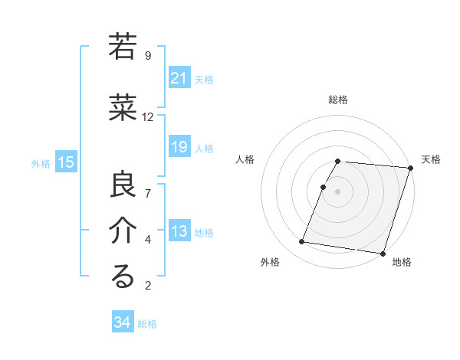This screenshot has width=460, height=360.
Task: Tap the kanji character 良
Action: pyautogui.click(x=123, y=185)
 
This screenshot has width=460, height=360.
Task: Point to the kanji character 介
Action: pyautogui.click(x=123, y=231)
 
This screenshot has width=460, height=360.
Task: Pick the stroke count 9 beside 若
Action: pyautogui.click(x=147, y=55)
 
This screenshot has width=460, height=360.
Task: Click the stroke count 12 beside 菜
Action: pyautogui.click(x=148, y=117)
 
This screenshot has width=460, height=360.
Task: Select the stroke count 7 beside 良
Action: pyautogui.click(x=147, y=192)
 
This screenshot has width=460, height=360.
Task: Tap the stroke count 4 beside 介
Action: pyautogui.click(x=147, y=240)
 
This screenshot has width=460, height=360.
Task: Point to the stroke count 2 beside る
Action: pyautogui.click(x=147, y=286)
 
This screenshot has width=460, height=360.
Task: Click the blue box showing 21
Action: pyautogui.click(x=179, y=77)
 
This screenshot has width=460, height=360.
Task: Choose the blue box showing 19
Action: pyautogui.click(x=179, y=147)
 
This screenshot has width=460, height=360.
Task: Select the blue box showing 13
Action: pyautogui.click(x=179, y=231)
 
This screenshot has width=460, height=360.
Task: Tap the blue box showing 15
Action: pyautogui.click(x=65, y=162)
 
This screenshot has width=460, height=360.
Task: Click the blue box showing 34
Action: pyautogui.click(x=122, y=322)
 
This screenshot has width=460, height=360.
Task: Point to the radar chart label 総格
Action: pyautogui.click(x=338, y=100)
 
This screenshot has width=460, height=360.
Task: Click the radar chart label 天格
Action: pyautogui.click(x=431, y=159)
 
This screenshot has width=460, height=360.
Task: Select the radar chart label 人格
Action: pyautogui.click(x=245, y=159)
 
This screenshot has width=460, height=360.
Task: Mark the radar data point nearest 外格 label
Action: pyautogui.click(x=301, y=242)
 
